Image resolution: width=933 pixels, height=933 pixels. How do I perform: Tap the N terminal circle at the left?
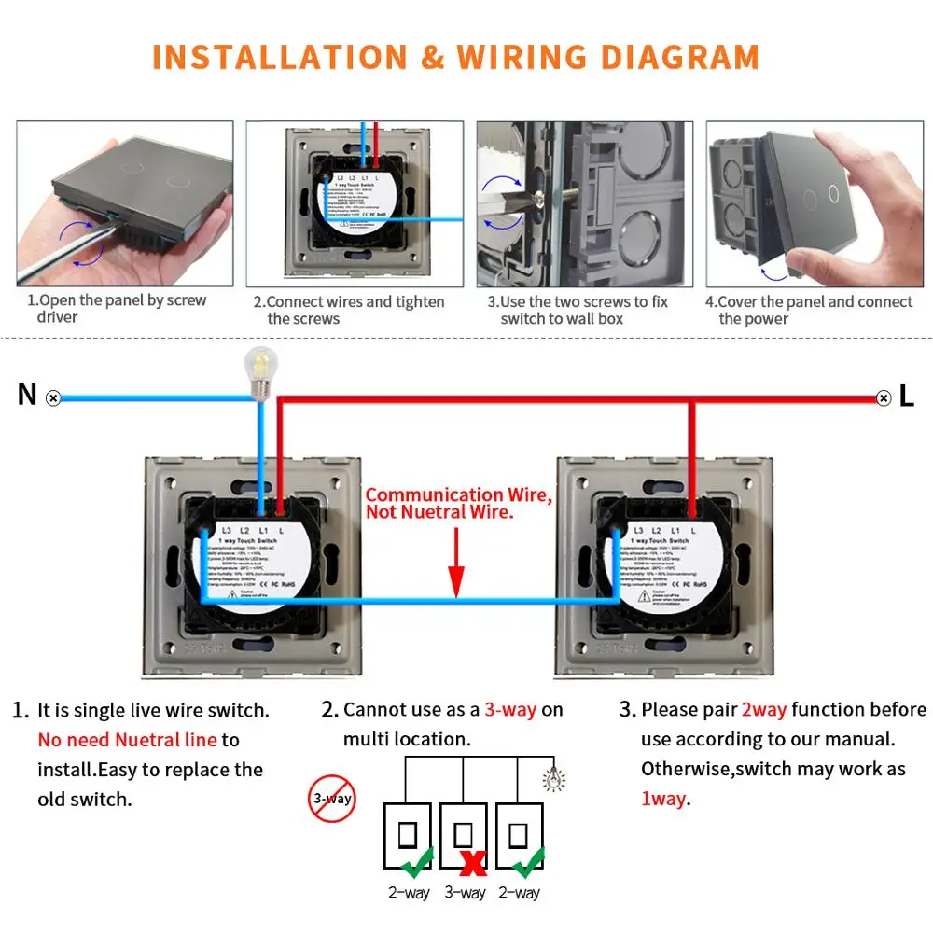click(x=54, y=398)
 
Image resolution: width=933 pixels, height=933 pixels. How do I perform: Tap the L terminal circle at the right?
click(x=884, y=398)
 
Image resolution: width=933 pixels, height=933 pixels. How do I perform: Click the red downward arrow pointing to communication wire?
click(x=456, y=561)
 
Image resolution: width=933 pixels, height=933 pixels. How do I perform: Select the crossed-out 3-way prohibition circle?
click(x=332, y=799)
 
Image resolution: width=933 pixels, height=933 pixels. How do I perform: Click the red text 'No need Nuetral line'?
click(x=127, y=740)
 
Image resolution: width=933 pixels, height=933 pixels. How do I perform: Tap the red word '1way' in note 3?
click(x=663, y=799)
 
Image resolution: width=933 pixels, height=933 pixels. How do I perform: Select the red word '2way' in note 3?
click(x=764, y=710)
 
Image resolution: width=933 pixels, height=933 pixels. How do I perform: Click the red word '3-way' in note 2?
click(x=510, y=710)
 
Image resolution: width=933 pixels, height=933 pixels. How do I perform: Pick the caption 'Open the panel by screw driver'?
click(x=116, y=309)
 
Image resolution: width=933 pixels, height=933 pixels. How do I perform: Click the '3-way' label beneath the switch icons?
click(x=465, y=894)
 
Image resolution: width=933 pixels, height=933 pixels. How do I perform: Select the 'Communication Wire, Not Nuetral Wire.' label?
click(x=458, y=504)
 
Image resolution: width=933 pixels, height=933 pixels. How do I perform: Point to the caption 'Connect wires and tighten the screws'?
click(x=349, y=310)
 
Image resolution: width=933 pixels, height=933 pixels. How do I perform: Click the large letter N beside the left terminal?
click(x=27, y=396)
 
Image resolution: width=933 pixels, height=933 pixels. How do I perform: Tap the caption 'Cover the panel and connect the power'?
click(x=808, y=310)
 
